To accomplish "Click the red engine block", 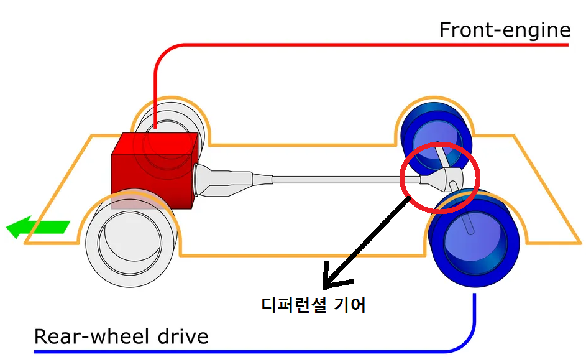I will click(152, 171).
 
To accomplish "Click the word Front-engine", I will click(505, 30).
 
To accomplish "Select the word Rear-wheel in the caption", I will click(90, 337).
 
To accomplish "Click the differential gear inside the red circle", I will click(444, 180).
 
